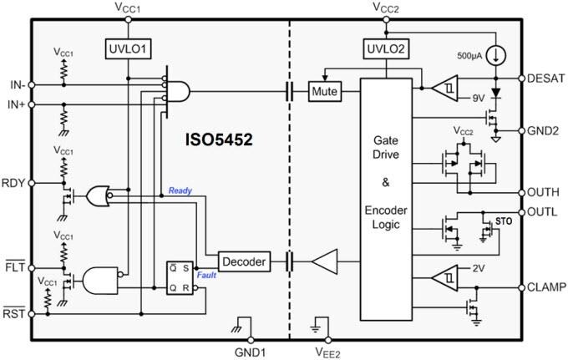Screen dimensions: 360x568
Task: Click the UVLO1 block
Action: [x=127, y=49]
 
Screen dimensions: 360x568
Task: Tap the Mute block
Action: [x=324, y=90]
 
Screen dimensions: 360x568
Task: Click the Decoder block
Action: [x=245, y=262]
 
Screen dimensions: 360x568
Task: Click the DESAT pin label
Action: [x=546, y=78]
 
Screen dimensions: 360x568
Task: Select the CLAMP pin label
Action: [x=547, y=286]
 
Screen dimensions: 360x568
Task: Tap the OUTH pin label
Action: [x=545, y=192]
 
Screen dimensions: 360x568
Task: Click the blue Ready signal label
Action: [x=180, y=190]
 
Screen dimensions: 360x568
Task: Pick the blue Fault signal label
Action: [x=207, y=274]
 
